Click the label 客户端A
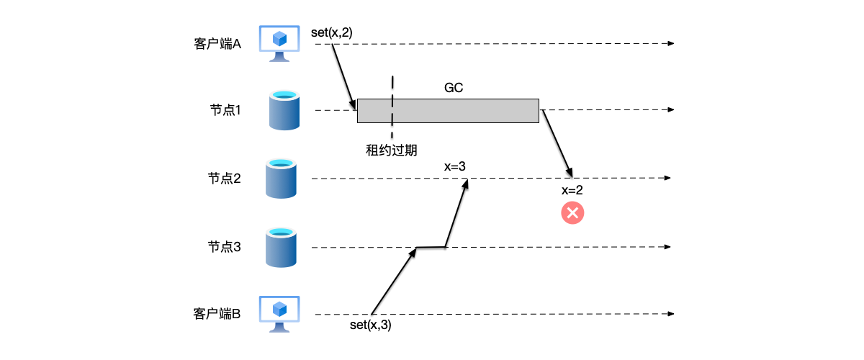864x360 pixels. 217,44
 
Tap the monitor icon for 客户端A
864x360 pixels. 279,42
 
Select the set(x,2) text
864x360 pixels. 332,32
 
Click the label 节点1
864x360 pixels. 224,110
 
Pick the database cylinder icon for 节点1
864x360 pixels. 284,110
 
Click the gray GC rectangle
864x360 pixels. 448,110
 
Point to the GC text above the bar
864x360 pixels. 454,88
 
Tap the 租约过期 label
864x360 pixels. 392,150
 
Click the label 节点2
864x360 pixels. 224,179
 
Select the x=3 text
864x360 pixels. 455,166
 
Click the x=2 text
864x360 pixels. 572,190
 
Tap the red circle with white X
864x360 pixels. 573,212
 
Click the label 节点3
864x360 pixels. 224,247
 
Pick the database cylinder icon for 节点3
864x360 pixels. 282,247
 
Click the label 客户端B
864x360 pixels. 217,314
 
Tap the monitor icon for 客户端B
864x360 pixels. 279,313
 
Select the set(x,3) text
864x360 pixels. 370,325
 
